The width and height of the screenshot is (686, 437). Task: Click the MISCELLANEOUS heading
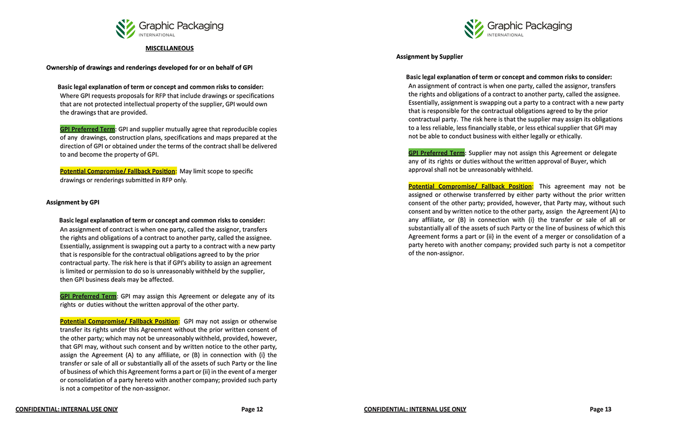(x=170, y=49)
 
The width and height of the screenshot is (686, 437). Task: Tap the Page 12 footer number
(x=252, y=409)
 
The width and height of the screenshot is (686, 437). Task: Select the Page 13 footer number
(x=600, y=409)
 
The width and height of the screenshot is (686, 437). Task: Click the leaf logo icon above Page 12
(x=125, y=29)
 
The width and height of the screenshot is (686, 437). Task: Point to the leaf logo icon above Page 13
(x=474, y=29)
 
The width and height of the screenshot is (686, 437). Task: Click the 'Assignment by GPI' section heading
(x=73, y=202)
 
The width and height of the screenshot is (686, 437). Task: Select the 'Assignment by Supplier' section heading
(x=429, y=56)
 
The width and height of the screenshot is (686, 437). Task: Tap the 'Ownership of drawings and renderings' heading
(x=149, y=67)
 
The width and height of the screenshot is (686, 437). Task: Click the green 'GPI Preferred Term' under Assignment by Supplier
(x=436, y=153)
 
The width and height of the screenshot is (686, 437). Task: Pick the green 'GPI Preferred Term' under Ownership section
(x=88, y=129)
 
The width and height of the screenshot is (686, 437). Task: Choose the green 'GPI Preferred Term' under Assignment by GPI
(x=88, y=296)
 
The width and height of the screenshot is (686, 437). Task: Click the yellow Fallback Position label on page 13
(x=471, y=186)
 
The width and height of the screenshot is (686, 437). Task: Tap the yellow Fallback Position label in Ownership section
(x=118, y=171)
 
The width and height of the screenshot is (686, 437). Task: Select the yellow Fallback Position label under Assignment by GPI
(x=119, y=321)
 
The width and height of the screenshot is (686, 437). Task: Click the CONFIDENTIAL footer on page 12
(x=67, y=409)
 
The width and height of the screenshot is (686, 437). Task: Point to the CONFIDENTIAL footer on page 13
(x=415, y=409)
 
